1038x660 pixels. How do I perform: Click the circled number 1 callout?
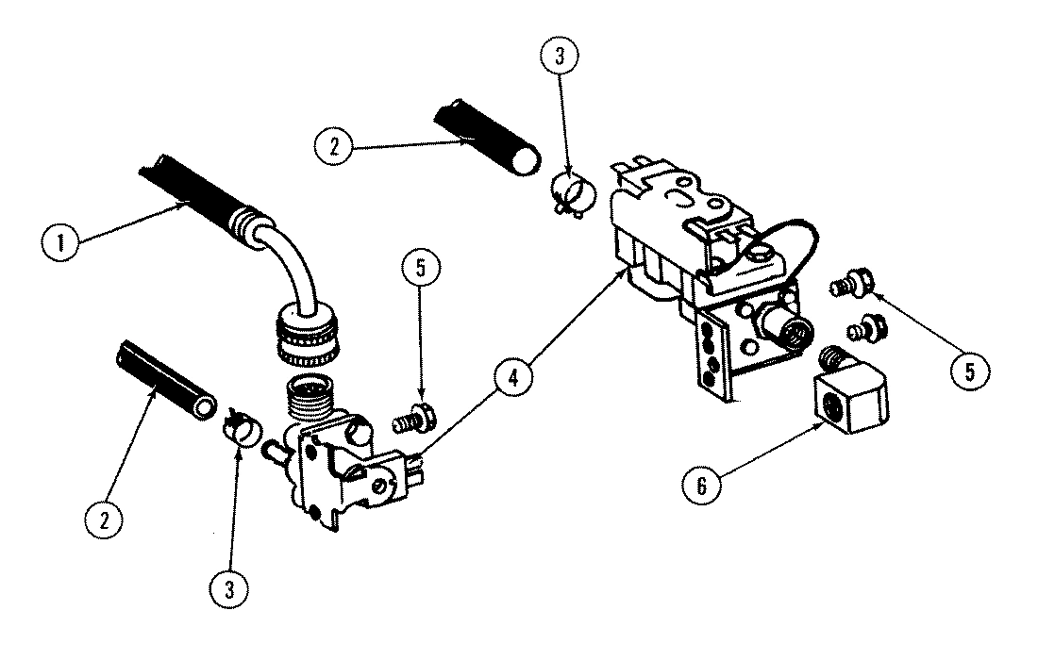click(x=61, y=244)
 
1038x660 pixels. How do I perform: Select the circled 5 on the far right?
click(x=968, y=371)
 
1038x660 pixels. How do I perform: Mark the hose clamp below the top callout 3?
click(x=570, y=190)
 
